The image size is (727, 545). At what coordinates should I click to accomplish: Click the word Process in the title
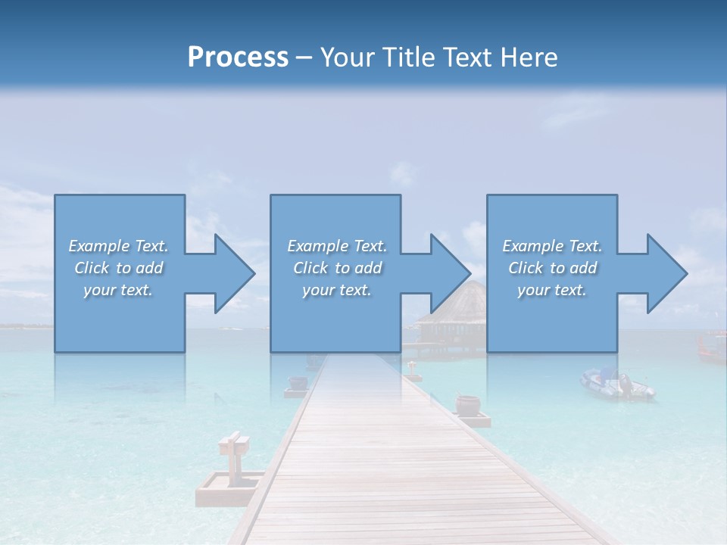click(238, 58)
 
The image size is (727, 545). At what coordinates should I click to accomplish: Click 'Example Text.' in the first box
click(118, 246)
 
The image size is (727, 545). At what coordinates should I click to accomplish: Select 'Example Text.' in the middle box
click(336, 246)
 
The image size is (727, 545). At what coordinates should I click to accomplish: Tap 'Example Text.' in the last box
click(552, 246)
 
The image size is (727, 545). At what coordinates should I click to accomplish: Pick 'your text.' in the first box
click(118, 290)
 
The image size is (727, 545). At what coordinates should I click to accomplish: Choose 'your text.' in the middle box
click(336, 290)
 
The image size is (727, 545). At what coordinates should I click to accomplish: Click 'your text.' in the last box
click(552, 290)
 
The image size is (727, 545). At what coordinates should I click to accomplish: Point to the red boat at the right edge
click(710, 345)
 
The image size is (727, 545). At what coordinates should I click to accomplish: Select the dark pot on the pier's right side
click(468, 403)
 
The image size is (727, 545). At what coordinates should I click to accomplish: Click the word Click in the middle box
click(310, 268)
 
